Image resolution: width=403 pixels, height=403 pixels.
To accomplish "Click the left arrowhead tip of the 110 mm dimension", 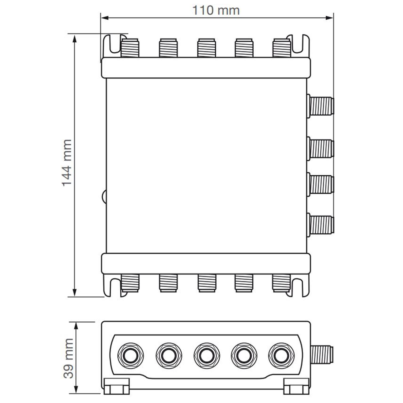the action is point(101,18).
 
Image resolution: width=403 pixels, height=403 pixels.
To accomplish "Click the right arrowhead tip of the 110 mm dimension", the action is point(333,18).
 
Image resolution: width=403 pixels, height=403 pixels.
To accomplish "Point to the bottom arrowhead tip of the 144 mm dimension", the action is point(75,296).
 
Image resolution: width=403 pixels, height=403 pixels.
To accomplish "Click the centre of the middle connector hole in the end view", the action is point(207,355).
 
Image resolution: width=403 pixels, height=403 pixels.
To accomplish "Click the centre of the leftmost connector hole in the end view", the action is point(130,355).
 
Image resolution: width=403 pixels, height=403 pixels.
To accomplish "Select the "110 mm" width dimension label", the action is point(216,10).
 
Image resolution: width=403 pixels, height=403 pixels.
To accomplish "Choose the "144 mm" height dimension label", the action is point(67,163).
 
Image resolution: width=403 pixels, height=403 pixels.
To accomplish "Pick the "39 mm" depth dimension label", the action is point(69,358).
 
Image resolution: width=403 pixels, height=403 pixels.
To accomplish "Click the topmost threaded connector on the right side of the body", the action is point(321,106).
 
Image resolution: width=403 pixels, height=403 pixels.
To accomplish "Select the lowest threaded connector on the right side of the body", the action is point(321,225).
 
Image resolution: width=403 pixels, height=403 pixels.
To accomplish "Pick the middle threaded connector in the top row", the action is point(206,48).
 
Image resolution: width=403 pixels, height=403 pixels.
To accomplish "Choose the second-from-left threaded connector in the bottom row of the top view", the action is point(168,283).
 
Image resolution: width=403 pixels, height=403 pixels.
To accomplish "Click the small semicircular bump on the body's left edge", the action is point(104,196).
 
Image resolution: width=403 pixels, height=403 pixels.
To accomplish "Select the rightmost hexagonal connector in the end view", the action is point(281,355).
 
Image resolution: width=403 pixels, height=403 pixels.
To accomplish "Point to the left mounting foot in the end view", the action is point(117,386).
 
